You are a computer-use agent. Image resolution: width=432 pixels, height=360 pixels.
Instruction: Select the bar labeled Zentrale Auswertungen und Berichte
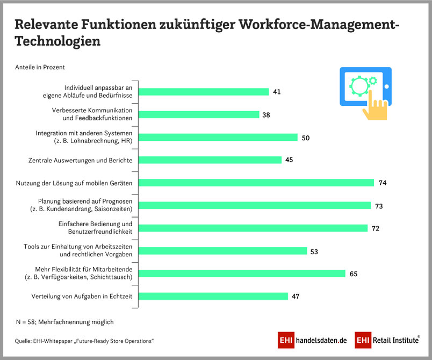(210, 160)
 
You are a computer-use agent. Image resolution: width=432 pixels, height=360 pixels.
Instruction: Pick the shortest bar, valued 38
(199, 114)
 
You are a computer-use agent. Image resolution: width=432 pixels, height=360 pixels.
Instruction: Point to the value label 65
(354, 274)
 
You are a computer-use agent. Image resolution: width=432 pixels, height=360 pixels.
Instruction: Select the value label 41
(277, 92)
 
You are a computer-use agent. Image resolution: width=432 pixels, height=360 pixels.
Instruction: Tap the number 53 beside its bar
(315, 251)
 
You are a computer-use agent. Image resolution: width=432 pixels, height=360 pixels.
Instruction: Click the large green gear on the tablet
(358, 85)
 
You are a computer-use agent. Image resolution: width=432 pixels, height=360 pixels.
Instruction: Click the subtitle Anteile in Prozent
(40, 67)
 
